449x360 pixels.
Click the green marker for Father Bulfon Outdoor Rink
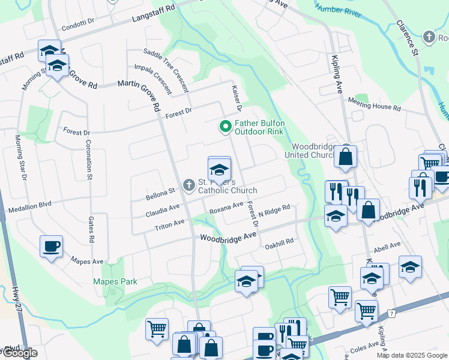pos(225,127)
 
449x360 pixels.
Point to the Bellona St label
pos(160,194)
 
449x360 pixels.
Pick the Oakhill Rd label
pos(279,242)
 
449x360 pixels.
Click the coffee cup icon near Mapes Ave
pos(51,245)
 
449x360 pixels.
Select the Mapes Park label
pos(115,281)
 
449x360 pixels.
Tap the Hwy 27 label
pos(16,298)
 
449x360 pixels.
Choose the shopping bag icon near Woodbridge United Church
pos(345,157)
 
